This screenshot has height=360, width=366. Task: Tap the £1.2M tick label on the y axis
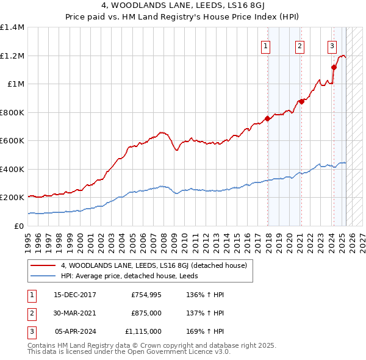point(12,56)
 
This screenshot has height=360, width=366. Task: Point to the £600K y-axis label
point(12,140)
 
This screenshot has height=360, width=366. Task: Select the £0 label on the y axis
point(19,226)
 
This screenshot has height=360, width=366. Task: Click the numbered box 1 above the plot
point(267,46)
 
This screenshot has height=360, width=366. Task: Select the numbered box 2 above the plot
point(300,46)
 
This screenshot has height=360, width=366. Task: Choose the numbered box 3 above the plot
point(332,46)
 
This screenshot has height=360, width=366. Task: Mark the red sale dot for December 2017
point(268,119)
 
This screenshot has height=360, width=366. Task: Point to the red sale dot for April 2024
point(334,67)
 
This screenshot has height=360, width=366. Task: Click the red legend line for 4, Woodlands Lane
point(43,265)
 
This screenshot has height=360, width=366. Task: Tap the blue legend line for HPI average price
point(43,276)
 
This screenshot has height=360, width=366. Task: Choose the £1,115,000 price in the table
point(143,331)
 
